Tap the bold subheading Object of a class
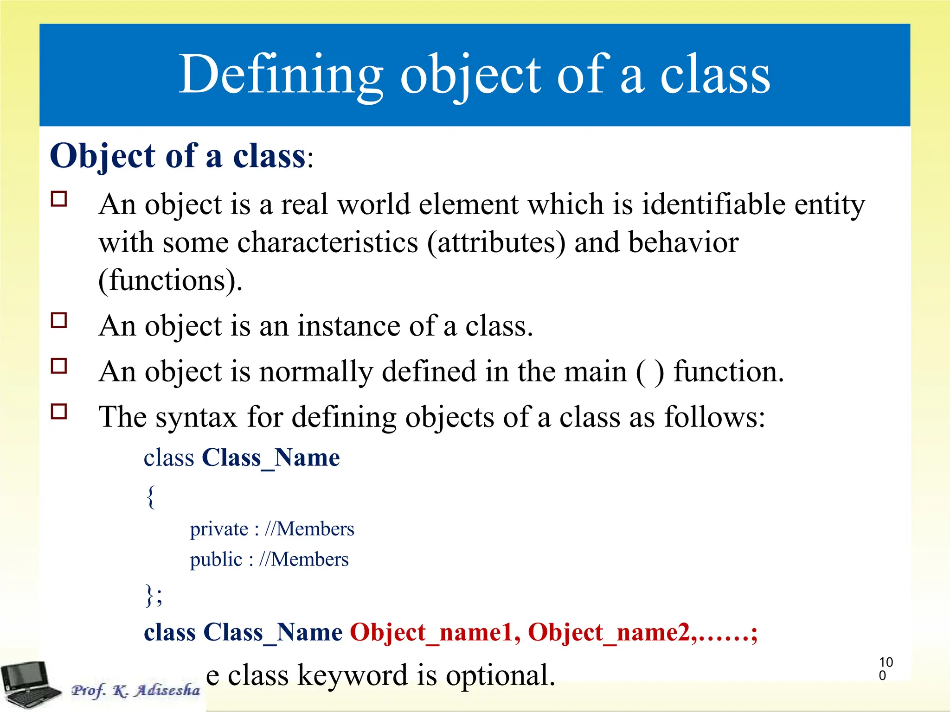tap(178, 156)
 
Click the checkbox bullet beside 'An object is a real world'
tap(59, 199)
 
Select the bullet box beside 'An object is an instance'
tap(59, 320)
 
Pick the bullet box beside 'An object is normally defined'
tap(59, 366)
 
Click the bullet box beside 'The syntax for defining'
tap(59, 411)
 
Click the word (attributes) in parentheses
tap(496, 242)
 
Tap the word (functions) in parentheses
tap(170, 280)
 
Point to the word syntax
tap(196, 417)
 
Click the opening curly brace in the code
tap(151, 496)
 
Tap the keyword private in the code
tap(219, 529)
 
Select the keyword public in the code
tap(216, 559)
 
